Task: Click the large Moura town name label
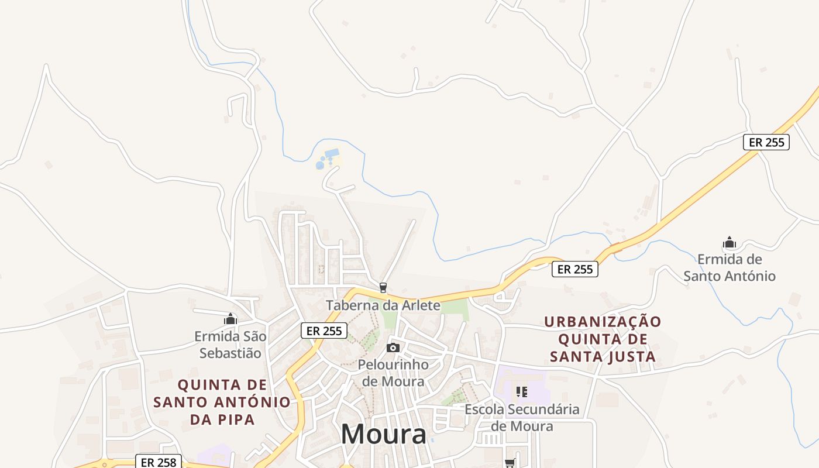[384, 435]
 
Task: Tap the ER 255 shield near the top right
[766, 142]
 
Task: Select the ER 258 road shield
[159, 462]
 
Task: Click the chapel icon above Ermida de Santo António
[729, 243]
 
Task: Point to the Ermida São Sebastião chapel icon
[230, 319]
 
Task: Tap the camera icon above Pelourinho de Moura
[393, 348]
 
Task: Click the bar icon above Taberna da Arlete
[383, 287]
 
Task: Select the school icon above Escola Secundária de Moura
[522, 392]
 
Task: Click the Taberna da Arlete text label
[383, 305]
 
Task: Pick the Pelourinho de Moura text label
[393, 373]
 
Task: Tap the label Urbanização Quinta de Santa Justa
[603, 339]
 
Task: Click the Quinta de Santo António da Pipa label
[222, 402]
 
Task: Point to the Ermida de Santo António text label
[729, 267]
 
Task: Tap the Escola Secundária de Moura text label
[522, 417]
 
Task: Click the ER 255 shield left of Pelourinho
[324, 331]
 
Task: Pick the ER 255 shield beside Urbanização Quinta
[575, 269]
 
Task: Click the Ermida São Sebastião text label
[230, 345]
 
